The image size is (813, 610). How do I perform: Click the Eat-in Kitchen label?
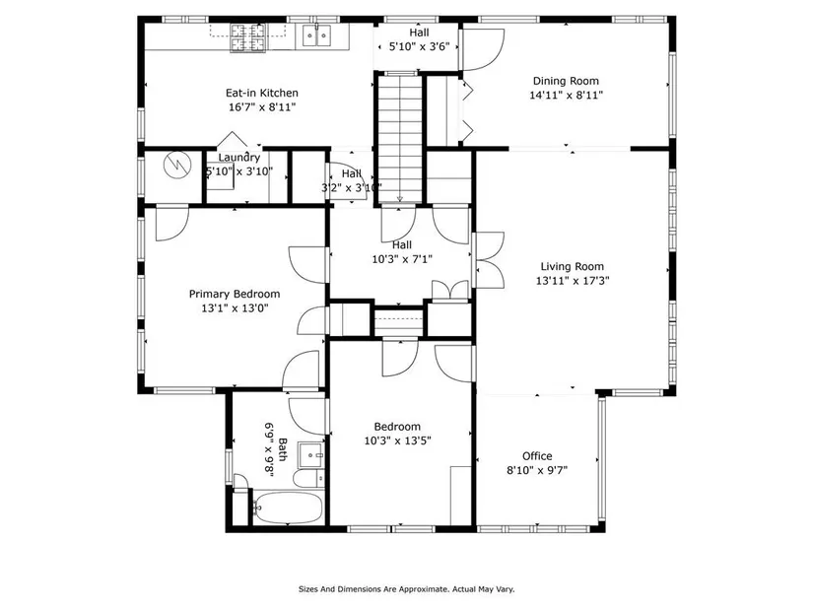pos(262,93)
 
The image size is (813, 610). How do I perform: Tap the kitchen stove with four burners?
pos(247,37)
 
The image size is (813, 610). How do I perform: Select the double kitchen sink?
pos(316,35)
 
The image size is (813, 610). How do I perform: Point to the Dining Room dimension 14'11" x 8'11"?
pos(566,95)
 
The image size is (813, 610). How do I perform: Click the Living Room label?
pos(573,267)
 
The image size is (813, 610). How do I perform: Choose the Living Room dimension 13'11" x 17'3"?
pos(573,281)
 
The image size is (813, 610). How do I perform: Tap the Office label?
pos(537,456)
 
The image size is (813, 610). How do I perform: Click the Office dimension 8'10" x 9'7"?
pos(537,470)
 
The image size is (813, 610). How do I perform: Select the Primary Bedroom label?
pos(235,294)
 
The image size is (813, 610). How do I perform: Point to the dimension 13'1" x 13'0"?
pos(235,308)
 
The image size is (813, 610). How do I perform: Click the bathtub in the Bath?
pos(288,508)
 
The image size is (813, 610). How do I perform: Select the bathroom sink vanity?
pos(311,455)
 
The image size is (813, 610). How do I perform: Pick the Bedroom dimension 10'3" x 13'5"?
pos(398,441)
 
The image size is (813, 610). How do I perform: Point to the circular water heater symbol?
pos(177,165)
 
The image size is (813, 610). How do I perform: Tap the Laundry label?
pos(239,158)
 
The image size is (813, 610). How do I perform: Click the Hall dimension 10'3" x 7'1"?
pos(402,259)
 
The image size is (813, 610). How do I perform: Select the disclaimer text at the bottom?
pos(406,589)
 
